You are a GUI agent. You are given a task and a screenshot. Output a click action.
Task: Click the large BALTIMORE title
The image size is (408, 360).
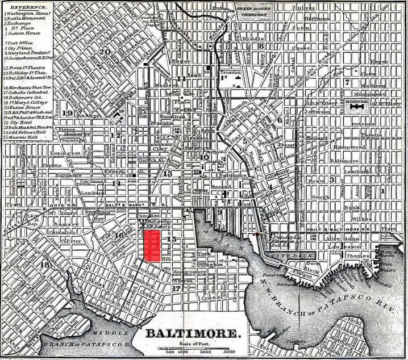(x=193, y=333)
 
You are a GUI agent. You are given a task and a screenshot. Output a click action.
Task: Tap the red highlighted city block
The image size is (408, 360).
(x=151, y=246)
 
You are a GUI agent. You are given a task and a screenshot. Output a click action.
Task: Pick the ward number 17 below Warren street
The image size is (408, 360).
(x=177, y=288)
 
